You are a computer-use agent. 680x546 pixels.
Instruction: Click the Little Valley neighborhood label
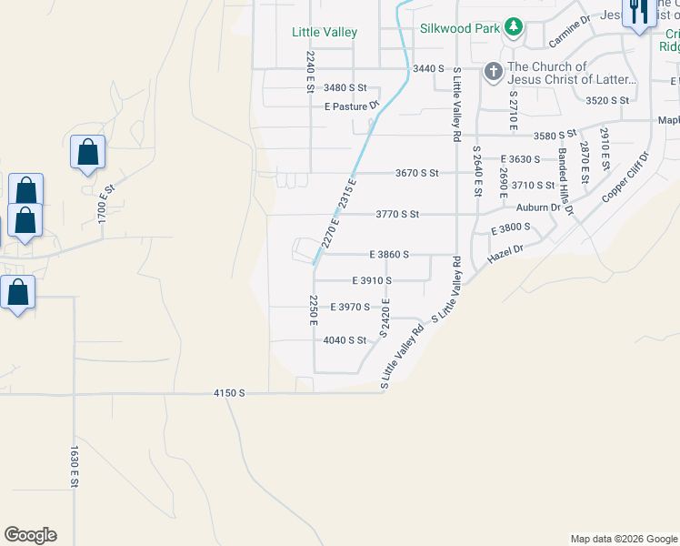(324, 32)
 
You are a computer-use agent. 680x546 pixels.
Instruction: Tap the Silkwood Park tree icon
(514, 27)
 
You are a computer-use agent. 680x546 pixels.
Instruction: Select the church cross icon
(493, 71)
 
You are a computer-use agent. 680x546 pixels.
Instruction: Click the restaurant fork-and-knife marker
(638, 13)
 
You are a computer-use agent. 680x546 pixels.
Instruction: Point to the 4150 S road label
(229, 393)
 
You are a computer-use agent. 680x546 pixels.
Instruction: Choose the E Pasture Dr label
(351, 106)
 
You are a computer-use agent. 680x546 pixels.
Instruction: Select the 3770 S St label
(397, 215)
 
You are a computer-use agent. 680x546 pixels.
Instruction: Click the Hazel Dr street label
(505, 254)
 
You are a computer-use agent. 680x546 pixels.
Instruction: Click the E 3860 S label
(388, 255)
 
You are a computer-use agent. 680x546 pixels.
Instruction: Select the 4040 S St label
(345, 340)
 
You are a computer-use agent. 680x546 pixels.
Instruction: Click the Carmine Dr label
(570, 30)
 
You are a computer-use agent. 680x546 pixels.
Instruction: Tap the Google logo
(30, 535)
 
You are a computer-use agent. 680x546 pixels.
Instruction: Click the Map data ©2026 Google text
(623, 539)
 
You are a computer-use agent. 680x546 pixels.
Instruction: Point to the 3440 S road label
(428, 68)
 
